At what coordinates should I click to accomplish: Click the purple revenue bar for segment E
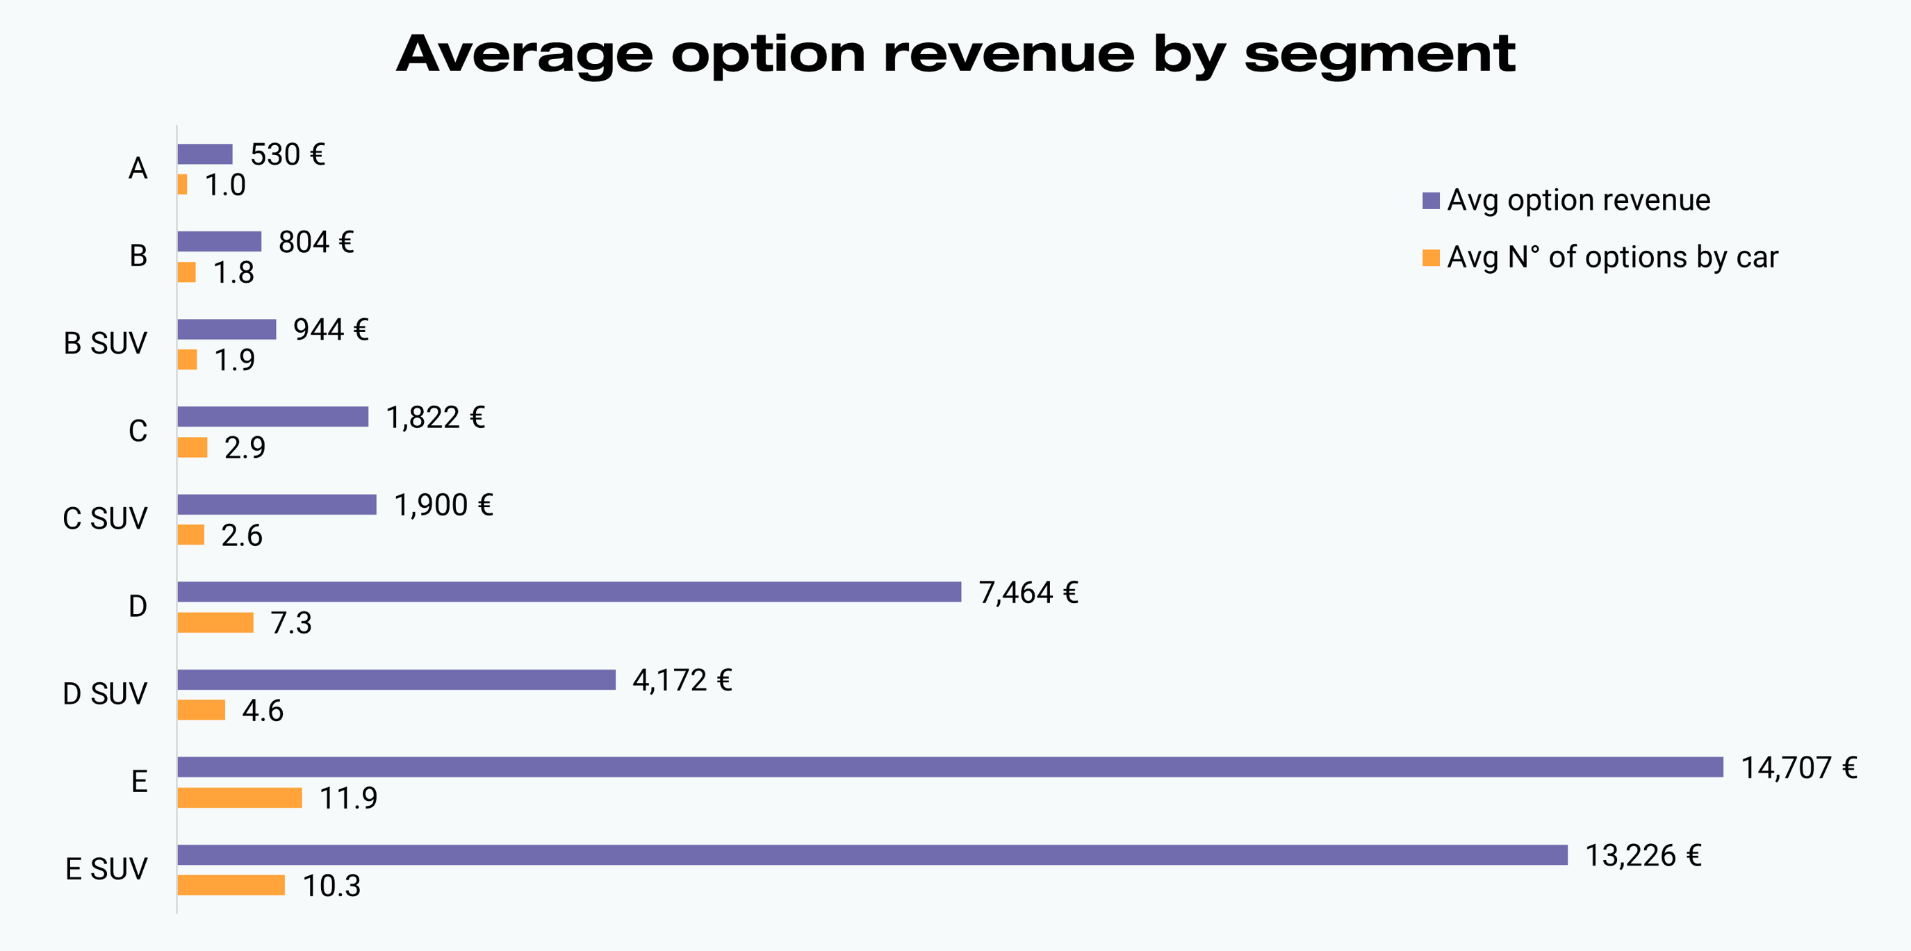tap(949, 767)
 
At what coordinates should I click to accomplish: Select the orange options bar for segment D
tap(215, 622)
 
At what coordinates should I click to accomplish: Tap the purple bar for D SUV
tap(396, 679)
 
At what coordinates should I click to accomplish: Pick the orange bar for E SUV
tap(231, 885)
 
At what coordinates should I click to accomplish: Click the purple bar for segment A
tap(205, 154)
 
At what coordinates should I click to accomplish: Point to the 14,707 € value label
tap(1798, 768)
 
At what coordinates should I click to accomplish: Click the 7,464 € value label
tap(1028, 593)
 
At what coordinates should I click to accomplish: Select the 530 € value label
tap(287, 154)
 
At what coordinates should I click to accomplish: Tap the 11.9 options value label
tap(348, 798)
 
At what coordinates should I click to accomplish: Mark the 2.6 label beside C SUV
tap(242, 536)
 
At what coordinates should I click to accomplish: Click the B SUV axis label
tap(106, 343)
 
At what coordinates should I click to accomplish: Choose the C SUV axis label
tap(106, 518)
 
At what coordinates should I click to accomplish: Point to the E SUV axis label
tap(106, 868)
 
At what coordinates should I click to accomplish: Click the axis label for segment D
tap(138, 606)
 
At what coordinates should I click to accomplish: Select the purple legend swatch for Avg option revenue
tap(1430, 200)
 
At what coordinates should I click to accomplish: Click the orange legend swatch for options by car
tap(1430, 258)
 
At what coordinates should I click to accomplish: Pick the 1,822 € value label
tap(436, 417)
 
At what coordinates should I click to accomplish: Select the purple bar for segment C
tap(272, 417)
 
